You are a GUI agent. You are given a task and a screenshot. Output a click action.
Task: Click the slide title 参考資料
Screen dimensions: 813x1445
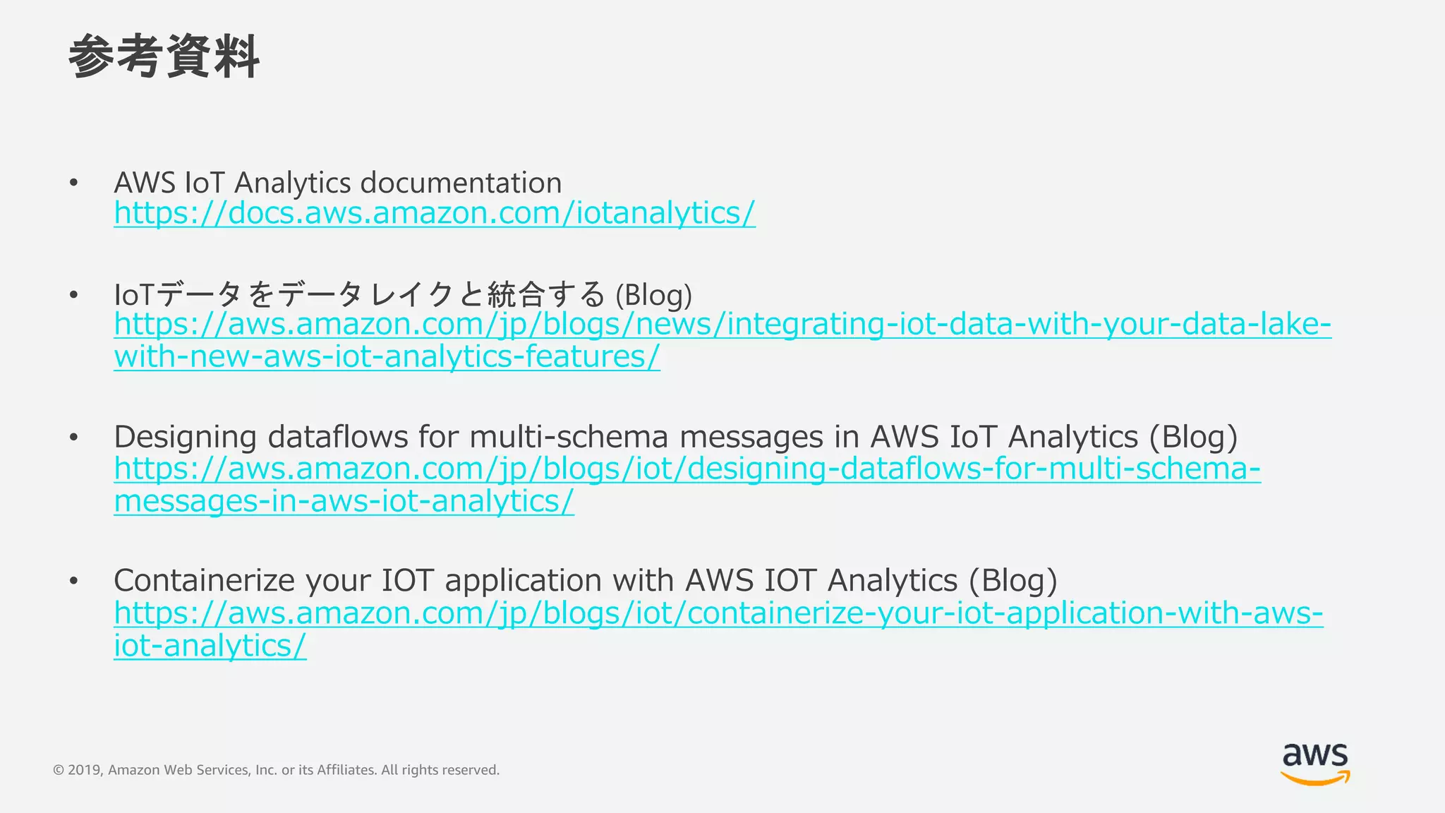point(164,56)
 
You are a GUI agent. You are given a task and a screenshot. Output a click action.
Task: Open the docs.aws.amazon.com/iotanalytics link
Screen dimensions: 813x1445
point(435,213)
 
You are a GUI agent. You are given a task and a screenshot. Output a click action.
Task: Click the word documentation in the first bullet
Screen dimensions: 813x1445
point(461,183)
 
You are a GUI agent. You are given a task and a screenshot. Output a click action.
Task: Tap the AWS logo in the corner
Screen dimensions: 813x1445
point(1315,764)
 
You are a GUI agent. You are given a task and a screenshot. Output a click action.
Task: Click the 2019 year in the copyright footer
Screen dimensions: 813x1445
point(85,770)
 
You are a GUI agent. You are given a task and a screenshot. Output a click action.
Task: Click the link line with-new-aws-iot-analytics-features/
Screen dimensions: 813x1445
point(387,357)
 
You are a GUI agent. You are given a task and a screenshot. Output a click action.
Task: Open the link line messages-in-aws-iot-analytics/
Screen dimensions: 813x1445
point(344,502)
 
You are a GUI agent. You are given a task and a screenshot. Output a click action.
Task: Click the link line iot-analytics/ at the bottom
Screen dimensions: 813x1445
point(210,646)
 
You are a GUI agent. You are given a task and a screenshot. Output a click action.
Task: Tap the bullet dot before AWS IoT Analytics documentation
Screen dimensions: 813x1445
point(73,183)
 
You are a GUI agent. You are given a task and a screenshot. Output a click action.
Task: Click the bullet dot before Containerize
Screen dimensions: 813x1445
point(73,581)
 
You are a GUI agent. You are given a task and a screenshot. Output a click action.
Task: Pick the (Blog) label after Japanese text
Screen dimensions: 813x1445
point(653,295)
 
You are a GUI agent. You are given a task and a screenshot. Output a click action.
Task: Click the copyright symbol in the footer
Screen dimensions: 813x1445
point(59,770)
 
